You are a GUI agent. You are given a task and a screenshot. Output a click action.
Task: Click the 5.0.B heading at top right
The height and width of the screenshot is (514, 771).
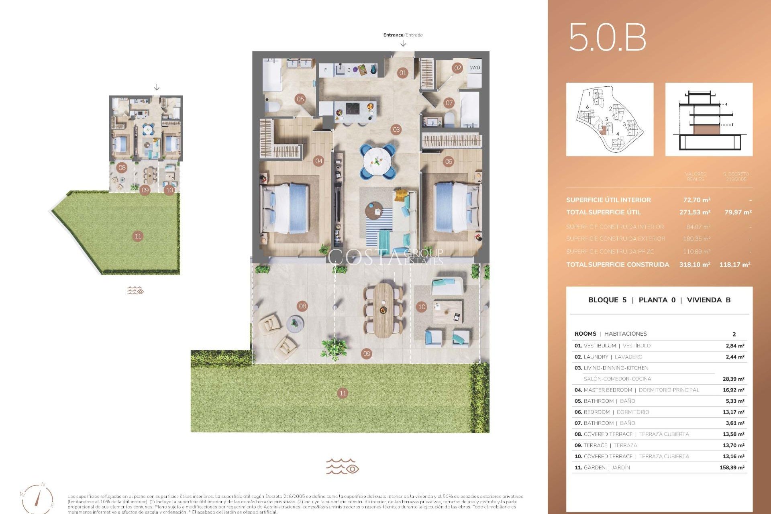pyautogui.click(x=607, y=37)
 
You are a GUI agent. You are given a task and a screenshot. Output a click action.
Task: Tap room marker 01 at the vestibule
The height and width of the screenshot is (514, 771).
pyautogui.click(x=402, y=73)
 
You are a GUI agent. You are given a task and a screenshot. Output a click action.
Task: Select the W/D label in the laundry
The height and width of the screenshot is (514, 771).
pyautogui.click(x=475, y=67)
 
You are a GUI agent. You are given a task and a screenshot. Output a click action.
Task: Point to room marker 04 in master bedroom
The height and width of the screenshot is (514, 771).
pyautogui.click(x=318, y=161)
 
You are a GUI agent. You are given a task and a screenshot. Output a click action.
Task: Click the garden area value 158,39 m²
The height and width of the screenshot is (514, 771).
pyautogui.click(x=732, y=467)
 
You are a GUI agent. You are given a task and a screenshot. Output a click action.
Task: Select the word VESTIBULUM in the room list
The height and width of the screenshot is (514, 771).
pyautogui.click(x=600, y=346)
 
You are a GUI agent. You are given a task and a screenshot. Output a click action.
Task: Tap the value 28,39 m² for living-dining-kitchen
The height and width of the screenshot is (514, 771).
pyautogui.click(x=733, y=379)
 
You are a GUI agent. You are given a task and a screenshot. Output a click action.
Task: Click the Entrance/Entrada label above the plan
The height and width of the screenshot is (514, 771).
pyautogui.click(x=403, y=35)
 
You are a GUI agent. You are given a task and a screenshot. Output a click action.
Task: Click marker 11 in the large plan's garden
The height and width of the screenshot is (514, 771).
pyautogui.click(x=343, y=393)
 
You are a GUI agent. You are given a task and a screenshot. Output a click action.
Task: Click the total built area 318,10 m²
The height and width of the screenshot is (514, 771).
pyautogui.click(x=695, y=265)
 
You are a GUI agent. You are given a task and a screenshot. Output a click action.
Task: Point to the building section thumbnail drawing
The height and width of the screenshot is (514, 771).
pyautogui.click(x=709, y=120)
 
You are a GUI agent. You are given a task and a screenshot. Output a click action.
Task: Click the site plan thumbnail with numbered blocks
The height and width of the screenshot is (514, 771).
pyautogui.click(x=610, y=120)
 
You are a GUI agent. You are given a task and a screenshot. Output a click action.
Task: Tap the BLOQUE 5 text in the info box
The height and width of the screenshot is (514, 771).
pyautogui.click(x=607, y=300)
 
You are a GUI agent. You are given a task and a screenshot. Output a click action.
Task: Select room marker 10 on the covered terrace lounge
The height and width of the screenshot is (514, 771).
pyautogui.click(x=422, y=307)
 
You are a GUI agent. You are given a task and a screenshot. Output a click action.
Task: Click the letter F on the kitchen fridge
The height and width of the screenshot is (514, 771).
pyautogui.click(x=325, y=70)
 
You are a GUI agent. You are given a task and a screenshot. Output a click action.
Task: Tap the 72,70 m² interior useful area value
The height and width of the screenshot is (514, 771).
pyautogui.click(x=697, y=200)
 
